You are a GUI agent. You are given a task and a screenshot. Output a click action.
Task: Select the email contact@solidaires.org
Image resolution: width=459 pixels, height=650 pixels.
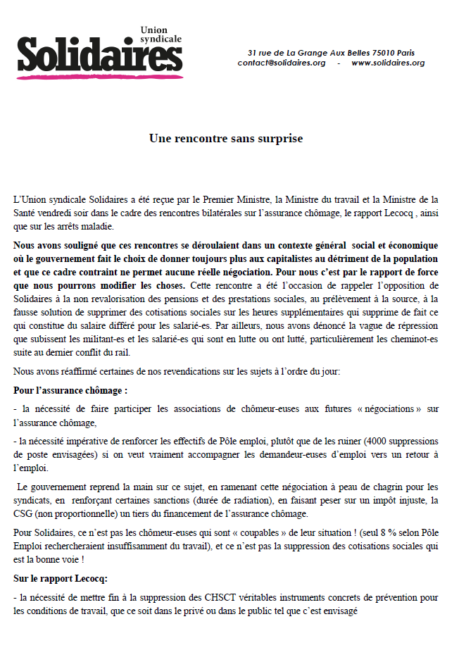(282, 63)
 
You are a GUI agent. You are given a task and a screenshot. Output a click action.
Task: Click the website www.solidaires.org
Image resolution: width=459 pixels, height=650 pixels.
(388, 63)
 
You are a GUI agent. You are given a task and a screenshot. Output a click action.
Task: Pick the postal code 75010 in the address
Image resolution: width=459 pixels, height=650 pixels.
(382, 53)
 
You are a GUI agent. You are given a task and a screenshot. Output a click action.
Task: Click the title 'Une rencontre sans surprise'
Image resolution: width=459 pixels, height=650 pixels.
(226, 139)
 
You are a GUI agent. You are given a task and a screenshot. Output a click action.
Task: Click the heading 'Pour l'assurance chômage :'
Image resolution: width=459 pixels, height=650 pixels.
(70, 389)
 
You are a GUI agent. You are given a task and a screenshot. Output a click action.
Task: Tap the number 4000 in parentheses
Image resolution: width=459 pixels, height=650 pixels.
(367, 442)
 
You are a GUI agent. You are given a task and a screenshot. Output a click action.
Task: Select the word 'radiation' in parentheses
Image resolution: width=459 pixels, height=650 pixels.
(211, 501)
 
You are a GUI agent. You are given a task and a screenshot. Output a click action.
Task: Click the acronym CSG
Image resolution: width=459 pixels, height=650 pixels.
(24, 514)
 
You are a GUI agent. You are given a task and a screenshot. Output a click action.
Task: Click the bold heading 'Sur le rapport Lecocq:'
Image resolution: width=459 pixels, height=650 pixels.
(61, 579)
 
